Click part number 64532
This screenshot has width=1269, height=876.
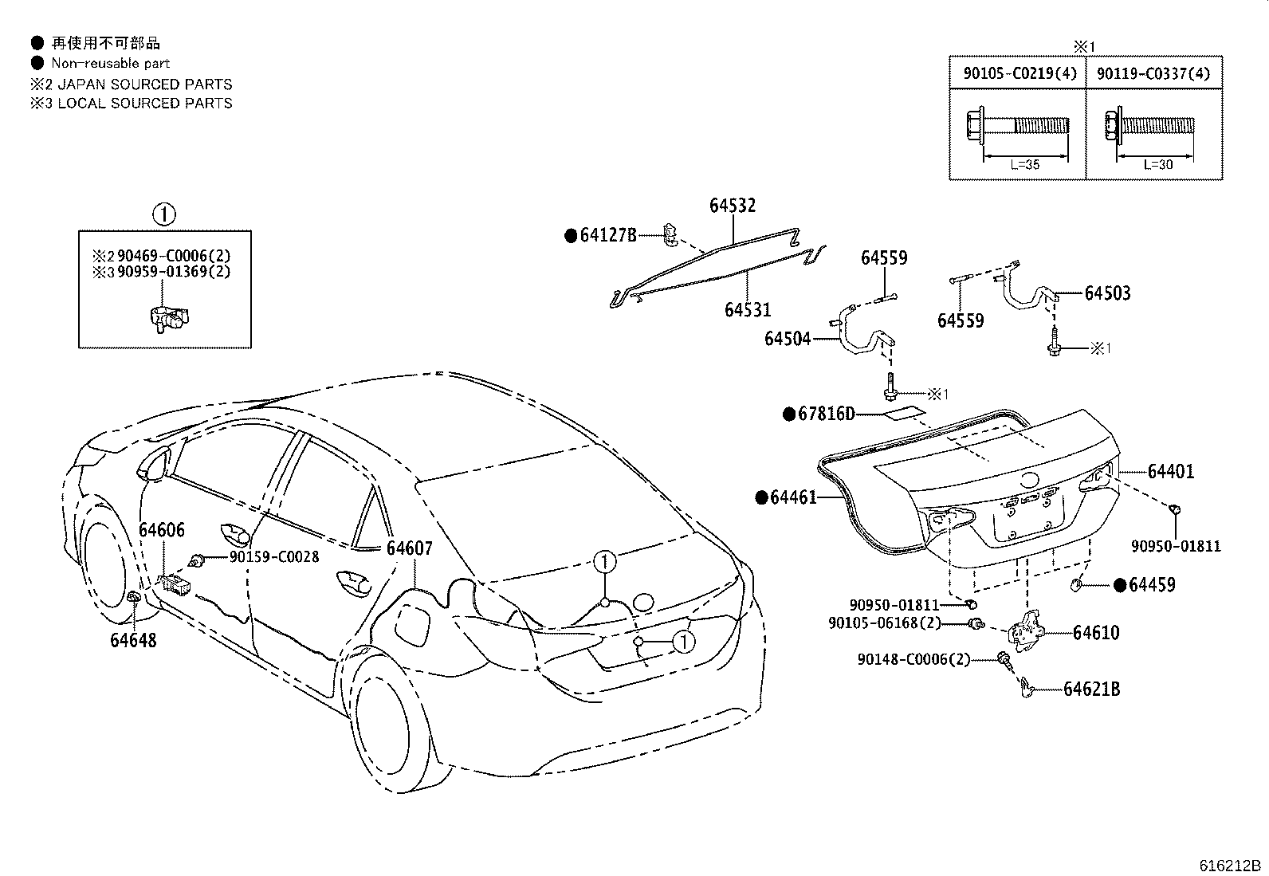click(x=733, y=206)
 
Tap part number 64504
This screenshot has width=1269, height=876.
click(x=787, y=339)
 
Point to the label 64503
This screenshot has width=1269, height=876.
click(x=1107, y=293)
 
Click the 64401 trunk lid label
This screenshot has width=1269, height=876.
click(x=1171, y=472)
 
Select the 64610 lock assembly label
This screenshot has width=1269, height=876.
click(x=1095, y=633)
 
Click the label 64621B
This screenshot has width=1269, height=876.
click(x=1091, y=689)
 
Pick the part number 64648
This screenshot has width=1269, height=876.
click(x=133, y=639)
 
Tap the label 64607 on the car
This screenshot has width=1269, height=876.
click(x=409, y=548)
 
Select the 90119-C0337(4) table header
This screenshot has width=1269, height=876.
click(x=1153, y=73)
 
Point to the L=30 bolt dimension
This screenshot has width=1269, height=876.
click(x=1157, y=164)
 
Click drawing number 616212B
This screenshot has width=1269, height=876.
click(x=1231, y=866)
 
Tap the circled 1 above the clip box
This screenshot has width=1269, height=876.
click(x=163, y=214)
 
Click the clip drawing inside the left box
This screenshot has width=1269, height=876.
click(x=169, y=316)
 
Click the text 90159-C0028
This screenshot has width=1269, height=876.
click(x=273, y=557)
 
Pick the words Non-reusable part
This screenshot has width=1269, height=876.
click(x=111, y=63)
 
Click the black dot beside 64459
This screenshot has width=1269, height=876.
click(x=1119, y=586)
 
